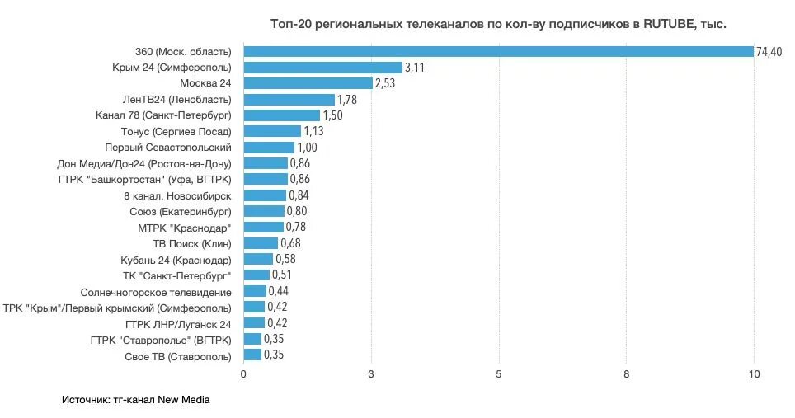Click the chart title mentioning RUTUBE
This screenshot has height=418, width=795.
click(x=498, y=25)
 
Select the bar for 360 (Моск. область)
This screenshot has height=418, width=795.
click(x=498, y=51)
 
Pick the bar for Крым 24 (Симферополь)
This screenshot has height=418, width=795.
click(x=322, y=68)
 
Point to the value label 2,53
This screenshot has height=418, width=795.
click(x=386, y=83)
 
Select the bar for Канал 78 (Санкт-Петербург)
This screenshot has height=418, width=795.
click(x=281, y=115)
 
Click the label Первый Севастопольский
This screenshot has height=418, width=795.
click(x=174, y=148)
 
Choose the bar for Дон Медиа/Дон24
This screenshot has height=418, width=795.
click(x=265, y=163)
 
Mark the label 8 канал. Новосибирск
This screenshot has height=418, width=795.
click(x=177, y=195)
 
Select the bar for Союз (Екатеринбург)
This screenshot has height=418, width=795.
click(x=263, y=211)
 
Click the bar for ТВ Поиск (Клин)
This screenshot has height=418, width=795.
click(x=261, y=243)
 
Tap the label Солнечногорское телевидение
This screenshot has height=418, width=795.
click(x=156, y=292)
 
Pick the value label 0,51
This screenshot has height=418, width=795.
click(x=282, y=275)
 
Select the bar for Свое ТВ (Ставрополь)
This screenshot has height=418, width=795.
click(x=252, y=355)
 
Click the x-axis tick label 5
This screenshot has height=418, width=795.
click(x=498, y=375)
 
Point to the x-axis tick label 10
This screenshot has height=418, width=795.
click(x=753, y=375)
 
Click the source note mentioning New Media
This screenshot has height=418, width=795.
click(x=135, y=400)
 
